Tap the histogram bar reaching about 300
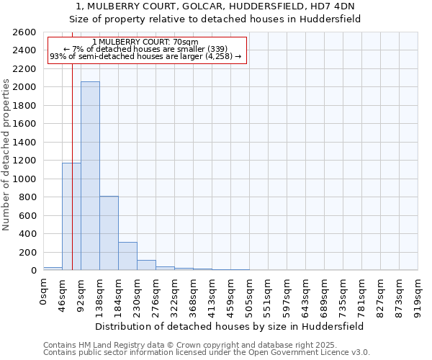click(127, 256)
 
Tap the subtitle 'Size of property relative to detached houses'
click(215, 19)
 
